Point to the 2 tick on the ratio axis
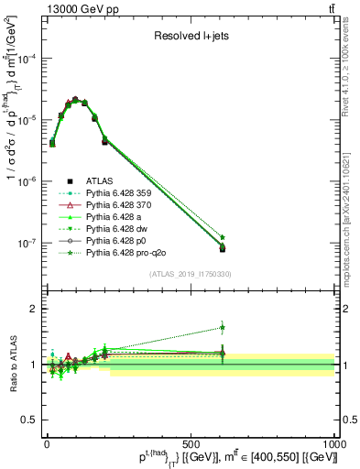[x=34, y=309]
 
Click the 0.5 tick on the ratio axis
[x=30, y=420]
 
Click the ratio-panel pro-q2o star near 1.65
[x=222, y=327]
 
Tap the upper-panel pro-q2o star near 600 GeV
[x=222, y=237]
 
